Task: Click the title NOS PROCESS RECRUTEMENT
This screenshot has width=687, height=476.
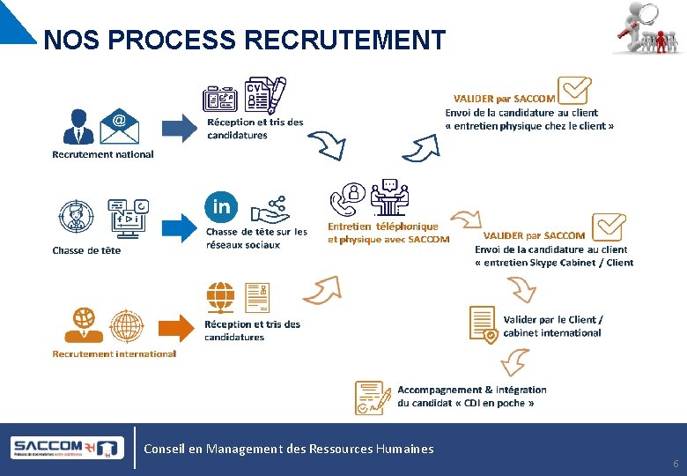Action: [244, 41]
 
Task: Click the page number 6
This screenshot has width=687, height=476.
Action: [676, 464]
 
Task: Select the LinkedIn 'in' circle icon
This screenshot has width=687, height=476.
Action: [221, 207]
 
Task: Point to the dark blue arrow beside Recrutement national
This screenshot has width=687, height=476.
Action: [181, 127]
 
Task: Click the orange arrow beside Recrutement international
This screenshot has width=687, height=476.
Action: [181, 327]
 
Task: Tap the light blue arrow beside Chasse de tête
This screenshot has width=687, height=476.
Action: [181, 227]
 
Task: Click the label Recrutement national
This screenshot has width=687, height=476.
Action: [103, 154]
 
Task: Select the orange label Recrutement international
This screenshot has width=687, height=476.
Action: [114, 353]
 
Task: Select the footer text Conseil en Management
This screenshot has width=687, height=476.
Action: [289, 449]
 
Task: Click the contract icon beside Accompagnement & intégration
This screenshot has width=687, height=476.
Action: [373, 398]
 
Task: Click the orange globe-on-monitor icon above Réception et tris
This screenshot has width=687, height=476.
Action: [220, 297]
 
